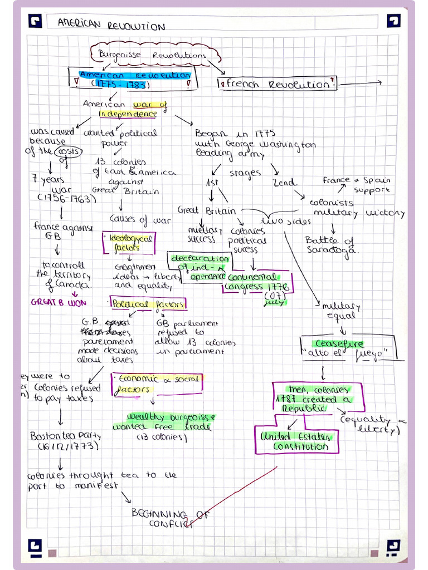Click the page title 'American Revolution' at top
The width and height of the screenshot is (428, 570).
point(112,26)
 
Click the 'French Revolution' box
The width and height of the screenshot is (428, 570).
point(277,84)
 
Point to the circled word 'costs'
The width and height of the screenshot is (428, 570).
point(72,152)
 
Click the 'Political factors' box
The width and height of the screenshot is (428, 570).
point(148,304)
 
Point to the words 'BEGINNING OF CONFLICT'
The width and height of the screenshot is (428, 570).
point(170,518)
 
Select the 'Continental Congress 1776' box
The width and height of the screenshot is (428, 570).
point(259,282)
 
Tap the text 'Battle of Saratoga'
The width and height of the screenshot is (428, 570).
point(331,245)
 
